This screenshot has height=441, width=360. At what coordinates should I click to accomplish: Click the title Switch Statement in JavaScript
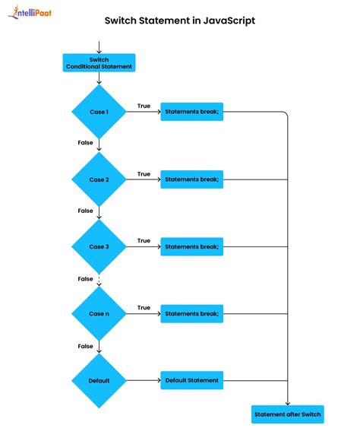179,21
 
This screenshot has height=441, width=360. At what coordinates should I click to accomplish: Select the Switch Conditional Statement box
99,63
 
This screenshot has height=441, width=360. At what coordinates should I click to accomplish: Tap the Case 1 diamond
99,113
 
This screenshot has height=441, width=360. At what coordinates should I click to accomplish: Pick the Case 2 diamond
99,179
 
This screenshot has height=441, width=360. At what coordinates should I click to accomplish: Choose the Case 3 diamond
99,246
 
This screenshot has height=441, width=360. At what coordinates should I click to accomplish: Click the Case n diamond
99,313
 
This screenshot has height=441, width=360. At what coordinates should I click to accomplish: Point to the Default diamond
99,380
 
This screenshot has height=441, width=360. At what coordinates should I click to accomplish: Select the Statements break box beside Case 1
191,113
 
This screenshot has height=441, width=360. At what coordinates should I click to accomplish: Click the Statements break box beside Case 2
191,179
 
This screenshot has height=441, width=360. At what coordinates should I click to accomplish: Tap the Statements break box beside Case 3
191,246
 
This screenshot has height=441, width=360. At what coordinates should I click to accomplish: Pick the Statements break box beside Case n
191,313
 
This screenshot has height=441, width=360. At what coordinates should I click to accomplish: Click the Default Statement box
191,380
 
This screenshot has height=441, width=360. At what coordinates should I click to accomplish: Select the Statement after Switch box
288,414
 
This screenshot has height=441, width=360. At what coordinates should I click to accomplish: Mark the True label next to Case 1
144,106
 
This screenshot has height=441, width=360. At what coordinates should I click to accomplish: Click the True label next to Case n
144,307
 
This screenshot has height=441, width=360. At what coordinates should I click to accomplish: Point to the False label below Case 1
85,143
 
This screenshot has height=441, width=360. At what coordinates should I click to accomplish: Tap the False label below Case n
85,346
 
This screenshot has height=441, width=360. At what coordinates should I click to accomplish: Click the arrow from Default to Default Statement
143,380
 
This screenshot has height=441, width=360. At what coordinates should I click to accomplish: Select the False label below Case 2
85,211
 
